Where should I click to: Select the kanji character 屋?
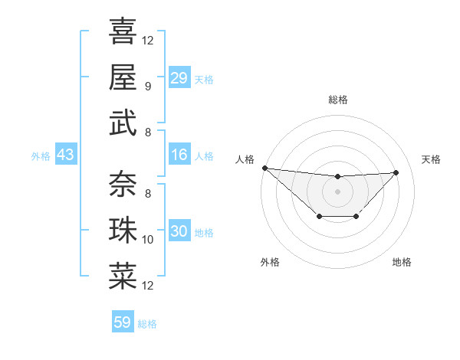click(123, 77)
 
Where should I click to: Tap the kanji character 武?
click(123, 123)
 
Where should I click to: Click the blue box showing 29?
click(179, 77)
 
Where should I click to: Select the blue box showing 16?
click(179, 155)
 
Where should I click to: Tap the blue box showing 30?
click(179, 231)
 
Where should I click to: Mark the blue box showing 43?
click(65, 155)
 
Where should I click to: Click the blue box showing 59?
click(122, 322)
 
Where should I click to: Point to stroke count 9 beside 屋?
click(147, 86)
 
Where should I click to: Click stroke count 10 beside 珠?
click(149, 240)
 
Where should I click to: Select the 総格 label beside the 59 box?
click(147, 324)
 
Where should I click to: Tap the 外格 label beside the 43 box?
click(41, 156)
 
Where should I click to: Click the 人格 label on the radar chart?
click(245, 159)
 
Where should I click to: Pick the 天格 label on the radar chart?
click(432, 159)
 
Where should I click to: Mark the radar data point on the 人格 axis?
click(264, 168)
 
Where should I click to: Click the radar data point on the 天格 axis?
click(396, 172)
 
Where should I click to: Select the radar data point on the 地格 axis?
click(356, 217)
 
